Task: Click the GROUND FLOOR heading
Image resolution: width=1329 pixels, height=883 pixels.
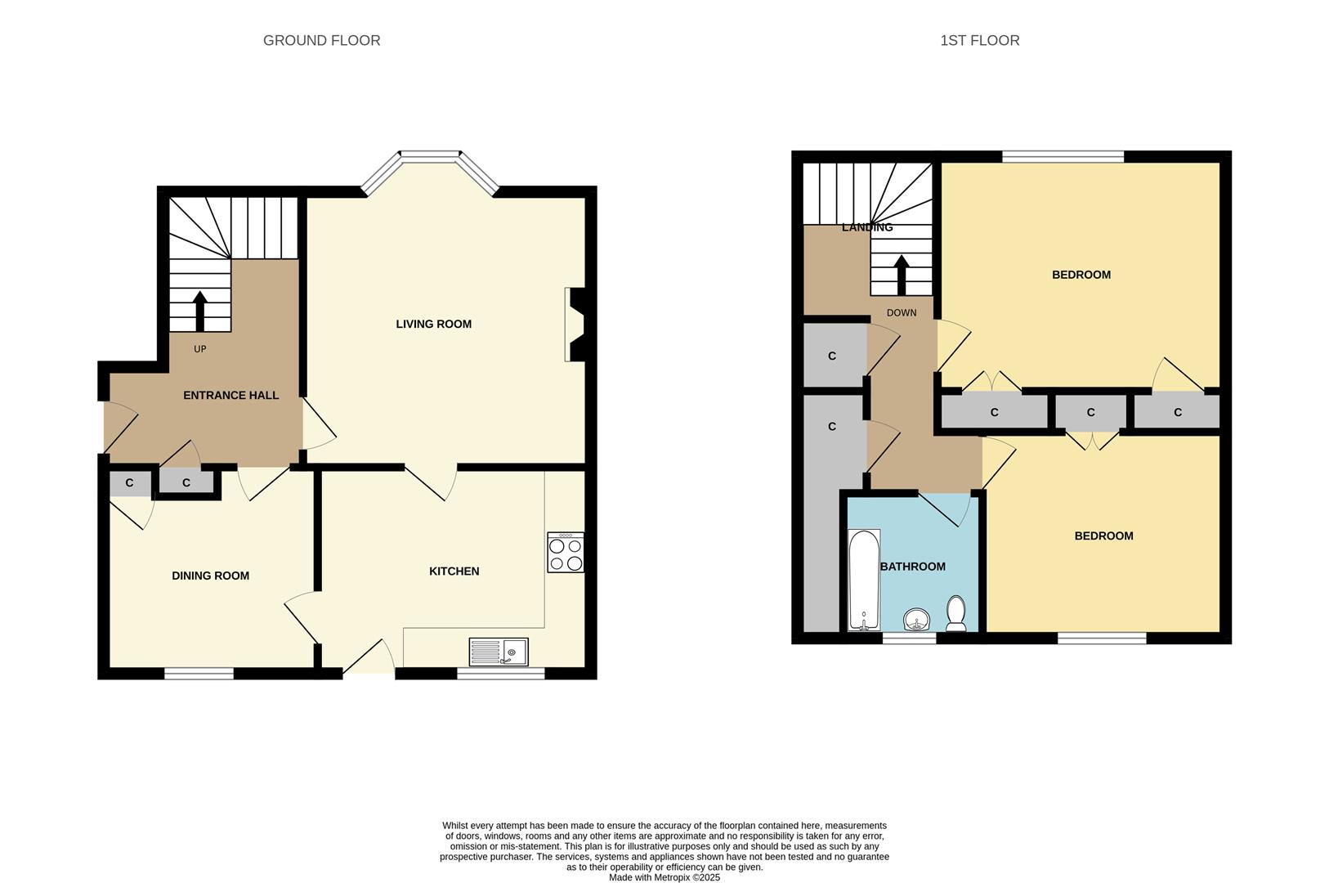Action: click(x=321, y=40)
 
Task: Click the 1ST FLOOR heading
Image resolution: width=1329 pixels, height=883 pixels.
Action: click(x=979, y=40)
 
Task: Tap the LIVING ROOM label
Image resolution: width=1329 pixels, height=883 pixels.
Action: click(x=433, y=324)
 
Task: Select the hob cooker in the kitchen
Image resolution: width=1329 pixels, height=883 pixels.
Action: click(x=566, y=553)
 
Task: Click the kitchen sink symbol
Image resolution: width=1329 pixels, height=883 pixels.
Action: click(x=499, y=652)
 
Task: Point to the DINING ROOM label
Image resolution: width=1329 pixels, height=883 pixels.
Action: click(x=210, y=576)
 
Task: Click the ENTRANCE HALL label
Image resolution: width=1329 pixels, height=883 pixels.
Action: click(x=230, y=395)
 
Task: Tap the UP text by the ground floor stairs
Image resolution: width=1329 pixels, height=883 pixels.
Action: click(x=199, y=349)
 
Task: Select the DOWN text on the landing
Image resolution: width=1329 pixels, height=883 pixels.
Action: click(x=901, y=313)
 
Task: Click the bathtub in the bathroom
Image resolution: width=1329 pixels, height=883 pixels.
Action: click(x=864, y=579)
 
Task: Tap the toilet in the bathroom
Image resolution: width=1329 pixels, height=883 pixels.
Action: click(x=955, y=613)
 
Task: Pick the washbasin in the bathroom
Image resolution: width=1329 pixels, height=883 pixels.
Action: click(x=920, y=621)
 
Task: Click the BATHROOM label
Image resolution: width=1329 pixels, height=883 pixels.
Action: click(x=912, y=567)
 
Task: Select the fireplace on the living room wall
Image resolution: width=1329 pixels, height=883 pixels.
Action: click(x=575, y=324)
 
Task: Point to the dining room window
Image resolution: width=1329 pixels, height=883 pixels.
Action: click(x=199, y=674)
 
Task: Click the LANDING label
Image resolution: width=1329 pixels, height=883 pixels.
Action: click(x=867, y=227)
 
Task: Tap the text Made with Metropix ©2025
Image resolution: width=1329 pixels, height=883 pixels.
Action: click(x=664, y=877)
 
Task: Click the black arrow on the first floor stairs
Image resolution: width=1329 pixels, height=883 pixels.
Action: click(x=901, y=276)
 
